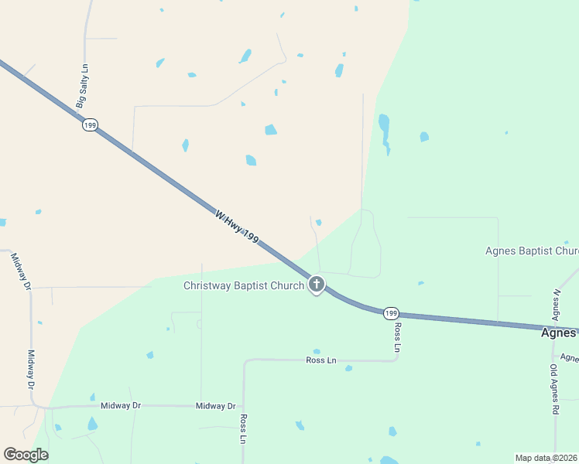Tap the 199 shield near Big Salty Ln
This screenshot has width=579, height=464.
click(x=91, y=125)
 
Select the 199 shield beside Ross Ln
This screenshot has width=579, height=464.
click(x=391, y=312)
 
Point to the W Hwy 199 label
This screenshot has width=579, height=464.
click(x=236, y=228)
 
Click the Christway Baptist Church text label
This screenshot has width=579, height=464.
click(x=243, y=285)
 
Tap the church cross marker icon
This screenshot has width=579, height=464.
click(x=316, y=284)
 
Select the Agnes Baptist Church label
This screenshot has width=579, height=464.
click(x=532, y=251)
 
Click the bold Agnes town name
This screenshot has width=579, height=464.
click(x=557, y=333)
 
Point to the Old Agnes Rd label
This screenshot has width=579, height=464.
click(x=554, y=390)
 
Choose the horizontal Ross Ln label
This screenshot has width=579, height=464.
click(x=321, y=360)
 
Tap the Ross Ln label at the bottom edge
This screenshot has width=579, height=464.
click(x=243, y=429)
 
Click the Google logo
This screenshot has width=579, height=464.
click(x=26, y=455)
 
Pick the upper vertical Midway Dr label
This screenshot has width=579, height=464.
click(x=21, y=271)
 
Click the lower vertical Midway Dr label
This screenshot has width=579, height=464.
click(x=32, y=369)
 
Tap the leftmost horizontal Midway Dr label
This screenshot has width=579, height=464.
click(x=120, y=405)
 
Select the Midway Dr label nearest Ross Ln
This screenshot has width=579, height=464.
click(x=215, y=405)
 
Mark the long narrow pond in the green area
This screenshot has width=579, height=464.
click(x=384, y=131)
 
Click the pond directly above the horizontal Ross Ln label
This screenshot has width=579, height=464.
click(x=317, y=351)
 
